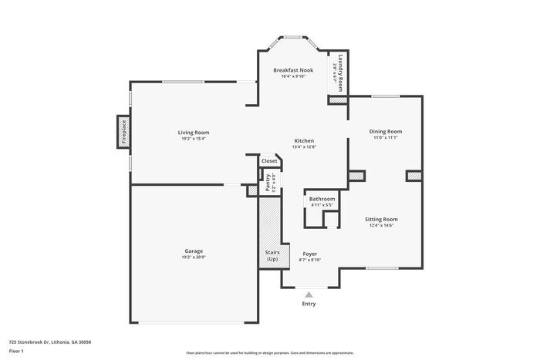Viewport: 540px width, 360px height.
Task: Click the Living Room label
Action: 194,133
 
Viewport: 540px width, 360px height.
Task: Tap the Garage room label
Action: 194,251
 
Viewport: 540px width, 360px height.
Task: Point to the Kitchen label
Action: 304,141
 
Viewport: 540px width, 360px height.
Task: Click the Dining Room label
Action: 386,132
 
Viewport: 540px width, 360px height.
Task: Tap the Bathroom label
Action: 322,199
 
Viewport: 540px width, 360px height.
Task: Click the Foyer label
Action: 309,254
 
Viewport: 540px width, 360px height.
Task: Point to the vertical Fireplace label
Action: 123,131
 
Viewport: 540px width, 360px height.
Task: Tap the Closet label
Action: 269,161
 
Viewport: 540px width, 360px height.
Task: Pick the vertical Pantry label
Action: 268,183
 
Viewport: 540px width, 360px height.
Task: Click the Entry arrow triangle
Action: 309,294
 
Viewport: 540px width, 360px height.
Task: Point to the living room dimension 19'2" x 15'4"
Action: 194,139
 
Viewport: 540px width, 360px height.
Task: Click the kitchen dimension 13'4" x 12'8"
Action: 304,147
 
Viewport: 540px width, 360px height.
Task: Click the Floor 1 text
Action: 16,351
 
